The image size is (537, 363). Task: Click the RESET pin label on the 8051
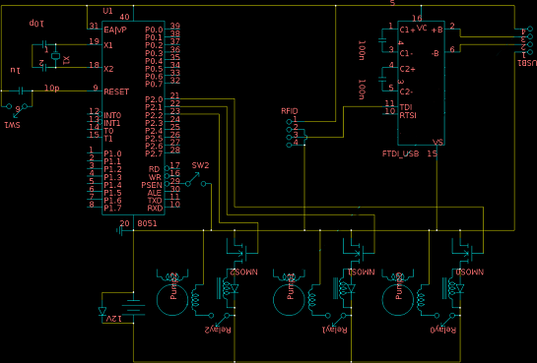(x=117, y=90)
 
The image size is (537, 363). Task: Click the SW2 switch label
(x=199, y=165)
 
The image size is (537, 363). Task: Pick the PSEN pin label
(x=153, y=184)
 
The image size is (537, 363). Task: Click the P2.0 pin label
(x=153, y=99)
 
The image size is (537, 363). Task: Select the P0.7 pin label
(x=153, y=83)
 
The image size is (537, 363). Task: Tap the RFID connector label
(x=289, y=112)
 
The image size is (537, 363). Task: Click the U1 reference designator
(x=107, y=9)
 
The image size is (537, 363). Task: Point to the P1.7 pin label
(x=112, y=208)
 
